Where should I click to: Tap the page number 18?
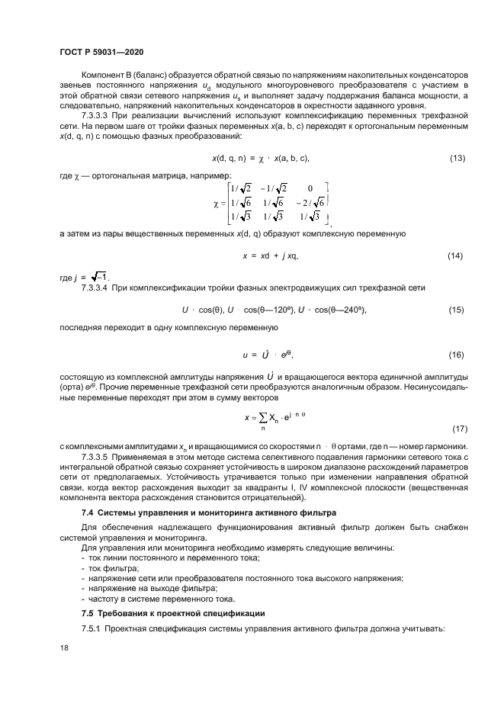(x=63, y=647)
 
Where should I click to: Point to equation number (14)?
(x=454, y=255)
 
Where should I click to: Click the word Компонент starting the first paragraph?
(x=105, y=74)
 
